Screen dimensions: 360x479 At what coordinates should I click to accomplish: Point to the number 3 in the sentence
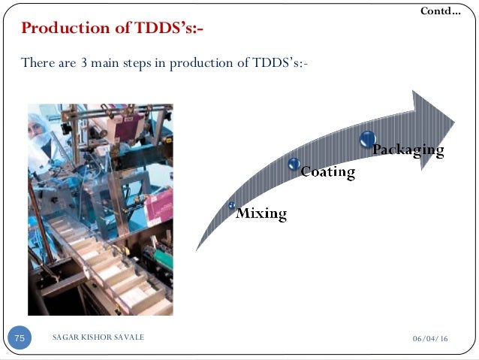[84, 62]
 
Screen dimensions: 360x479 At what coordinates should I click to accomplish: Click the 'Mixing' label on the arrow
[261, 213]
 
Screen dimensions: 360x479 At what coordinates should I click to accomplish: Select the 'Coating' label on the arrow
[327, 172]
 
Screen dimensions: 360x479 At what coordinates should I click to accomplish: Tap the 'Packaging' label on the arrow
[408, 150]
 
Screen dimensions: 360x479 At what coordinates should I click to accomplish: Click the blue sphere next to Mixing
[233, 205]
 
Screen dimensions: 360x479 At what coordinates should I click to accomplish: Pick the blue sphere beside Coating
[294, 163]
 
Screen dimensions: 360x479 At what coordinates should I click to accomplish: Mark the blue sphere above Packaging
[367, 138]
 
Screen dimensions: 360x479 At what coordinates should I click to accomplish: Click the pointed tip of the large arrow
[453, 119]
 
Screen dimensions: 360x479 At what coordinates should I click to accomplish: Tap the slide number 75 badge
[20, 338]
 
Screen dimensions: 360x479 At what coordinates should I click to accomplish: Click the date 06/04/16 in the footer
[431, 340]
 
